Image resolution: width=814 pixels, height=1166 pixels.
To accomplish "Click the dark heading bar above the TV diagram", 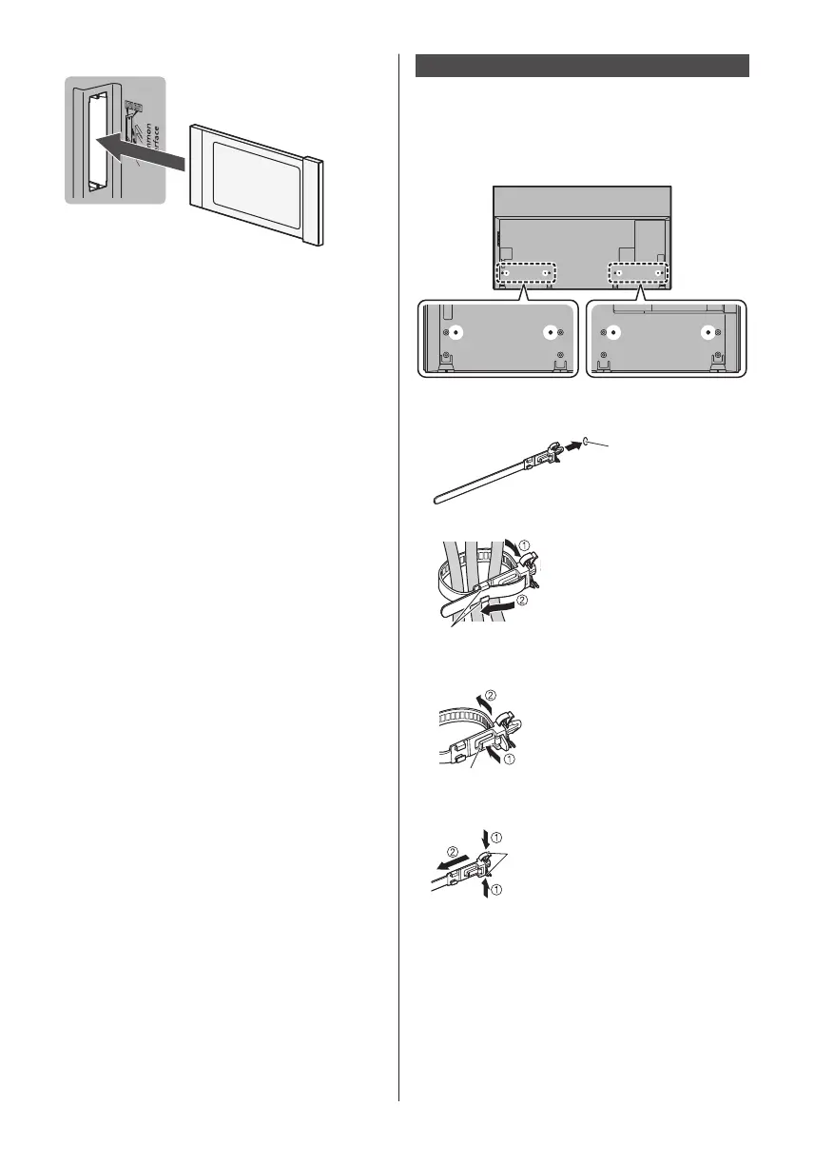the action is pyautogui.click(x=583, y=66).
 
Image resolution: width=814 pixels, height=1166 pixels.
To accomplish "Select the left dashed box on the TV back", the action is pyautogui.click(x=526, y=273).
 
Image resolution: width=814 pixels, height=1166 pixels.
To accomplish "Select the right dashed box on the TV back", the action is pyautogui.click(x=639, y=273).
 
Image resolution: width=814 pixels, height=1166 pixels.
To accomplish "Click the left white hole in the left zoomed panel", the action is pyautogui.click(x=456, y=334).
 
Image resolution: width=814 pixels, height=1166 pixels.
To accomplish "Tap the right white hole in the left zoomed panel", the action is pyautogui.click(x=549, y=334).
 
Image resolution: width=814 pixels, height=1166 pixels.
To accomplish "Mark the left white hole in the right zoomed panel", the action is pyautogui.click(x=614, y=334).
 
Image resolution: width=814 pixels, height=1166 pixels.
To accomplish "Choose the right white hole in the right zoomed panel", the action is pyautogui.click(x=707, y=334).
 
